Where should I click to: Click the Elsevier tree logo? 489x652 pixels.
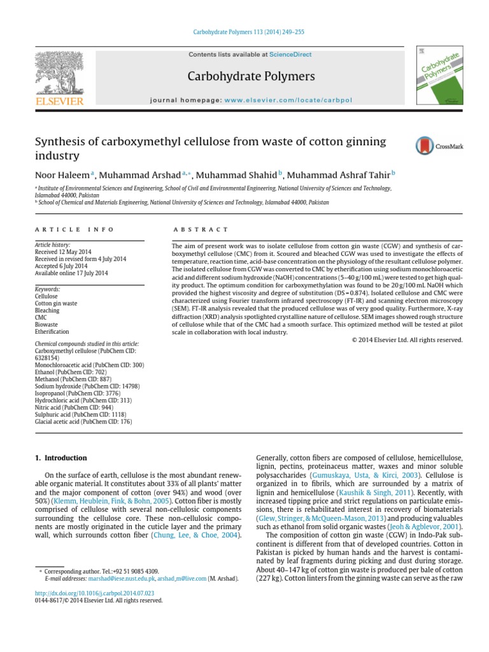[x=59, y=74]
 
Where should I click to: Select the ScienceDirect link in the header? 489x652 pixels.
[x=290, y=55]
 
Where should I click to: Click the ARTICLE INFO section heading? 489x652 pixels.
[x=74, y=229]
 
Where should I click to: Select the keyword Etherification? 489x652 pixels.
[x=52, y=332]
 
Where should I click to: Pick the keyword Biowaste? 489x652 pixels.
[x=45, y=325]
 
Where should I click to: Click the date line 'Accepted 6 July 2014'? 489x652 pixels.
[x=62, y=266]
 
